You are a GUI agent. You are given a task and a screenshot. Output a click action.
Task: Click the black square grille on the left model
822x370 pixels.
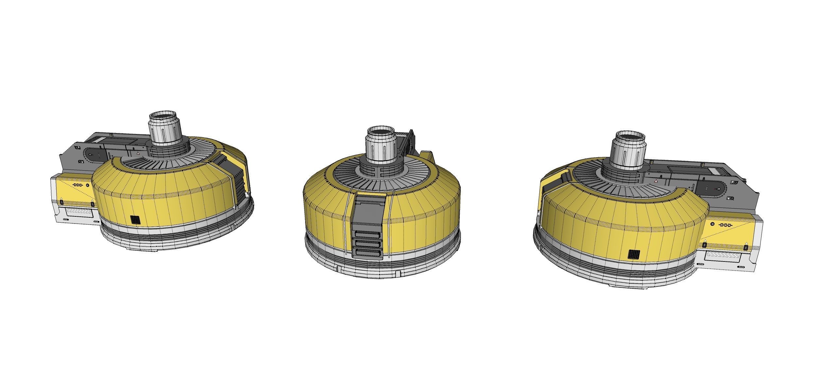coord(135,220)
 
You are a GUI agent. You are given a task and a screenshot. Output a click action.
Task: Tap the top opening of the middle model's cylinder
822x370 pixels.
coord(381,130)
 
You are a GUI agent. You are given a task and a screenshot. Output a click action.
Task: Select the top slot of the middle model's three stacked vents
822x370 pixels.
coord(367,235)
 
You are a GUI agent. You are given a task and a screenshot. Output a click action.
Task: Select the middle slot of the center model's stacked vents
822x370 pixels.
coord(368,244)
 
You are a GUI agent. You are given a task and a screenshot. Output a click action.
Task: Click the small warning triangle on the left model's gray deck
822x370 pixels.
coord(139,153)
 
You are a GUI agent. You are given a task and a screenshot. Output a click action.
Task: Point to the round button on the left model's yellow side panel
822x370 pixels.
coord(87,185)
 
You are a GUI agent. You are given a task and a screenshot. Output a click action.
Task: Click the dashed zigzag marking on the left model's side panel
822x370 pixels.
coord(77,185)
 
